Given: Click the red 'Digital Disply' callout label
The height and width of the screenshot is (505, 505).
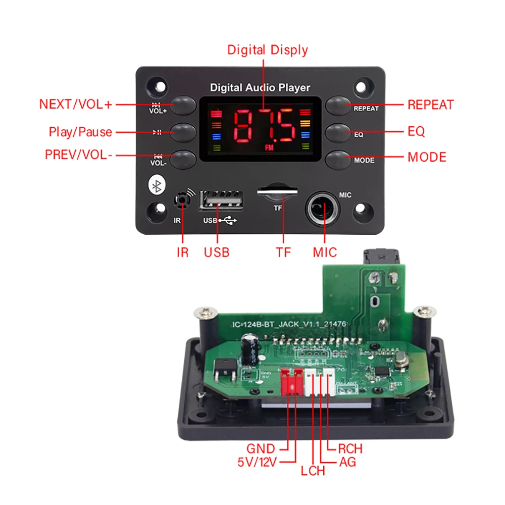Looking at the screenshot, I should tap(267, 50).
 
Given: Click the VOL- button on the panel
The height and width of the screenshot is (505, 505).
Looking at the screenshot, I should tap(183, 159).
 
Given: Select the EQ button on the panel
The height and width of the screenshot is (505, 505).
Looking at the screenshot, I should tap(338, 132).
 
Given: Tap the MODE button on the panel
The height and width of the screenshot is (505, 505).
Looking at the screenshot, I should tap(338, 159).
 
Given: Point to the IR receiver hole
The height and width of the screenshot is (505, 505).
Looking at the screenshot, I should tap(182, 200).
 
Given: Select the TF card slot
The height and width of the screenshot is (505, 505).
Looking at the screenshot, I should tap(277, 191).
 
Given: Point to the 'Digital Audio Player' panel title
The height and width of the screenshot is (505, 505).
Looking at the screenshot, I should tap(260, 88).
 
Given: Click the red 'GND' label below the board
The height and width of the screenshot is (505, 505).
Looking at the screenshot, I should tap(261, 448).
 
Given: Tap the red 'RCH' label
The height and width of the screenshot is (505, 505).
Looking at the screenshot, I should tap(350, 448).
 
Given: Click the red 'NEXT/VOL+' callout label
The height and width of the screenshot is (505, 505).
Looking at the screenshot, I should tap(76, 105).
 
